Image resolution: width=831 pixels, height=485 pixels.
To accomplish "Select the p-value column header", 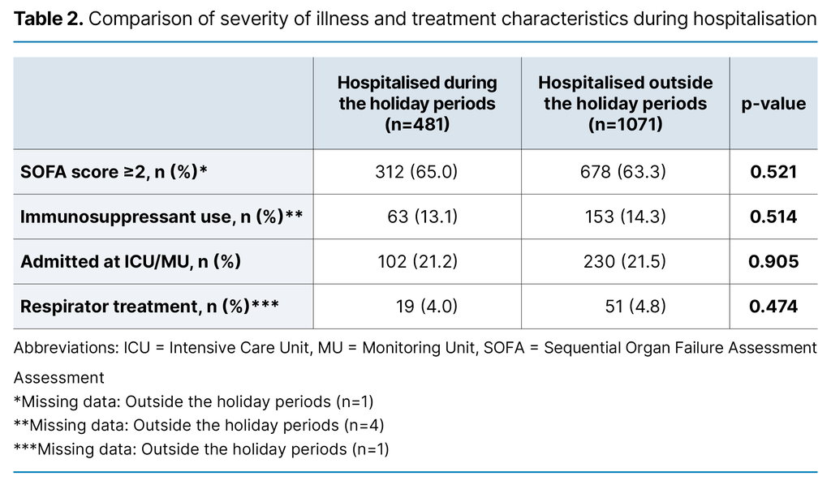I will tap(773, 104).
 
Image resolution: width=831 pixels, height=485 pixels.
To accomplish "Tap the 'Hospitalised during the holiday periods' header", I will tap(417, 104).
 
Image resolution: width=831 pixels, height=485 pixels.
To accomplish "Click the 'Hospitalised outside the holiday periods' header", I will tap(625, 104).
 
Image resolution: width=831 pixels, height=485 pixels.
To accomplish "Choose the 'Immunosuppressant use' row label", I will tap(161, 217).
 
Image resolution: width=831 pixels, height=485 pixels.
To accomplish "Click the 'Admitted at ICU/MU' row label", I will tap(131, 262).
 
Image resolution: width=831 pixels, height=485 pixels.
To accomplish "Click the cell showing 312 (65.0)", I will tap(417, 172).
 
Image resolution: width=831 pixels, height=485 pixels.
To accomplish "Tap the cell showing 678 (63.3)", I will tap(625, 172).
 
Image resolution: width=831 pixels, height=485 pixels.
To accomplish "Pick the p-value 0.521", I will tap(773, 172).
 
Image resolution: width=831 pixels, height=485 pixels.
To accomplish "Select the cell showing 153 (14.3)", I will tap(625, 217).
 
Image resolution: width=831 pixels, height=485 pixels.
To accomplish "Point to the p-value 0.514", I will tap(773, 217).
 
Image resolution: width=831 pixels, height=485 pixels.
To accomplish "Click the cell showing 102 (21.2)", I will tap(417, 262).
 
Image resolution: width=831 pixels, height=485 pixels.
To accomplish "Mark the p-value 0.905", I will tap(773, 262).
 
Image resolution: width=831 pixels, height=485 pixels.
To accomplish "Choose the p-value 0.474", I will tap(773, 307).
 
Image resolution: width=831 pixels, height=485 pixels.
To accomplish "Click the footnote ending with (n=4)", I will tap(199, 425).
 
